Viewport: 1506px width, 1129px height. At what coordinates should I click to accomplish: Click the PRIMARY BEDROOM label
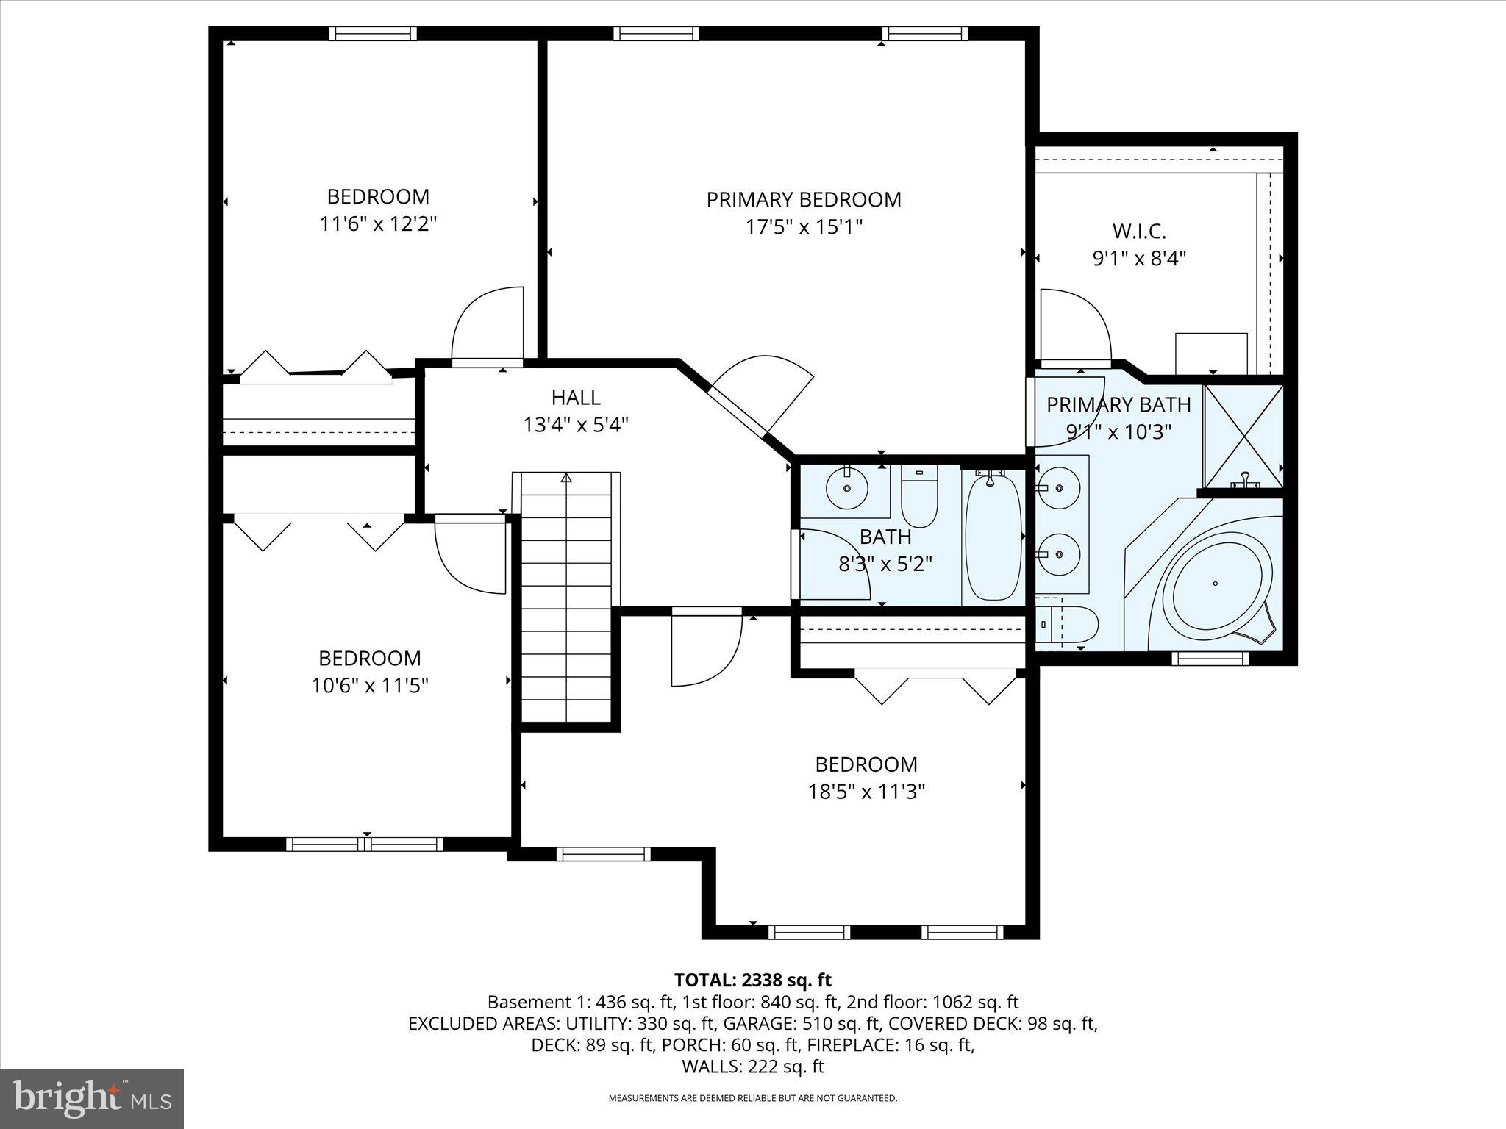point(804,200)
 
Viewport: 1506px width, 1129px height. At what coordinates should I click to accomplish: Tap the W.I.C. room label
point(1139,232)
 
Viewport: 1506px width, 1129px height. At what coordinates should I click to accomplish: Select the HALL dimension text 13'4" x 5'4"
point(576,425)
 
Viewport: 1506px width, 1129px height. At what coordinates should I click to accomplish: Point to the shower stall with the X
point(1243,436)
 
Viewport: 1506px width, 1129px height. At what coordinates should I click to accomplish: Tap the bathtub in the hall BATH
point(993,537)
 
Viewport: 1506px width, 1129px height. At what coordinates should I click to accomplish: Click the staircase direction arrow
point(565,479)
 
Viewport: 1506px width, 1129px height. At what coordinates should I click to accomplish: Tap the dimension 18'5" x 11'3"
point(866,792)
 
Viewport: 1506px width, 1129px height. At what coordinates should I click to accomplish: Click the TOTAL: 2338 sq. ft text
point(752,980)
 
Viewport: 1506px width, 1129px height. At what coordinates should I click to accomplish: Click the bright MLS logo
point(92,1098)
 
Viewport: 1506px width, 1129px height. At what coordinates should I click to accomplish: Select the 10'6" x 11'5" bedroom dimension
point(369,685)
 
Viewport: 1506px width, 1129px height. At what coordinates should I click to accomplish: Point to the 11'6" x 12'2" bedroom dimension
point(378,223)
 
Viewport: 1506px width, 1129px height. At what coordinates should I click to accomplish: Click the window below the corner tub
point(1210,659)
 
